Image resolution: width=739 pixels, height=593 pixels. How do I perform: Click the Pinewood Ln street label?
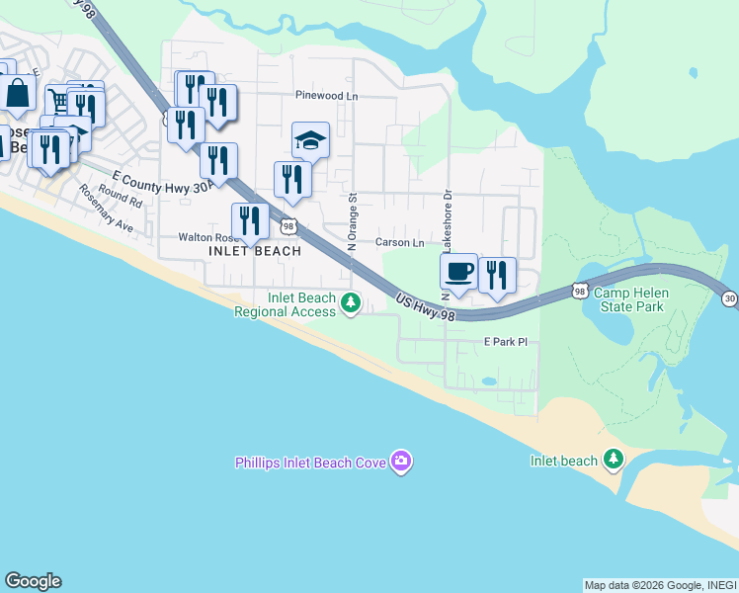click(327, 96)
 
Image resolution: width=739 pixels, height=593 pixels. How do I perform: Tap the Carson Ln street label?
click(399, 242)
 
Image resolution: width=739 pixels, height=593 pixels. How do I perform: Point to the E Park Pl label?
click(506, 342)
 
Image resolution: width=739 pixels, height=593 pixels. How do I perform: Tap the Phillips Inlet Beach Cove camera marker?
click(400, 461)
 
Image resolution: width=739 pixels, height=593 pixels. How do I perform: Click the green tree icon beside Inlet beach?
click(614, 459)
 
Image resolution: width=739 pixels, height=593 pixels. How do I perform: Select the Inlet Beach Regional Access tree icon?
click(350, 303)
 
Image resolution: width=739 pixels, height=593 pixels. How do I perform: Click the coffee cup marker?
click(458, 272)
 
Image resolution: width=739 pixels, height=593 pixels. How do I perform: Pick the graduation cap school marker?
click(310, 140)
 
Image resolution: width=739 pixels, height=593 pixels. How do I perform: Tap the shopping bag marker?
click(18, 94)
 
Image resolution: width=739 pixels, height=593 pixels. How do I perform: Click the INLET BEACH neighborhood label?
click(255, 251)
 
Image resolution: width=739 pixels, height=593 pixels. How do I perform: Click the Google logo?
click(33, 581)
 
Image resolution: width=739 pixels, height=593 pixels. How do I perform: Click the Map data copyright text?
click(659, 584)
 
